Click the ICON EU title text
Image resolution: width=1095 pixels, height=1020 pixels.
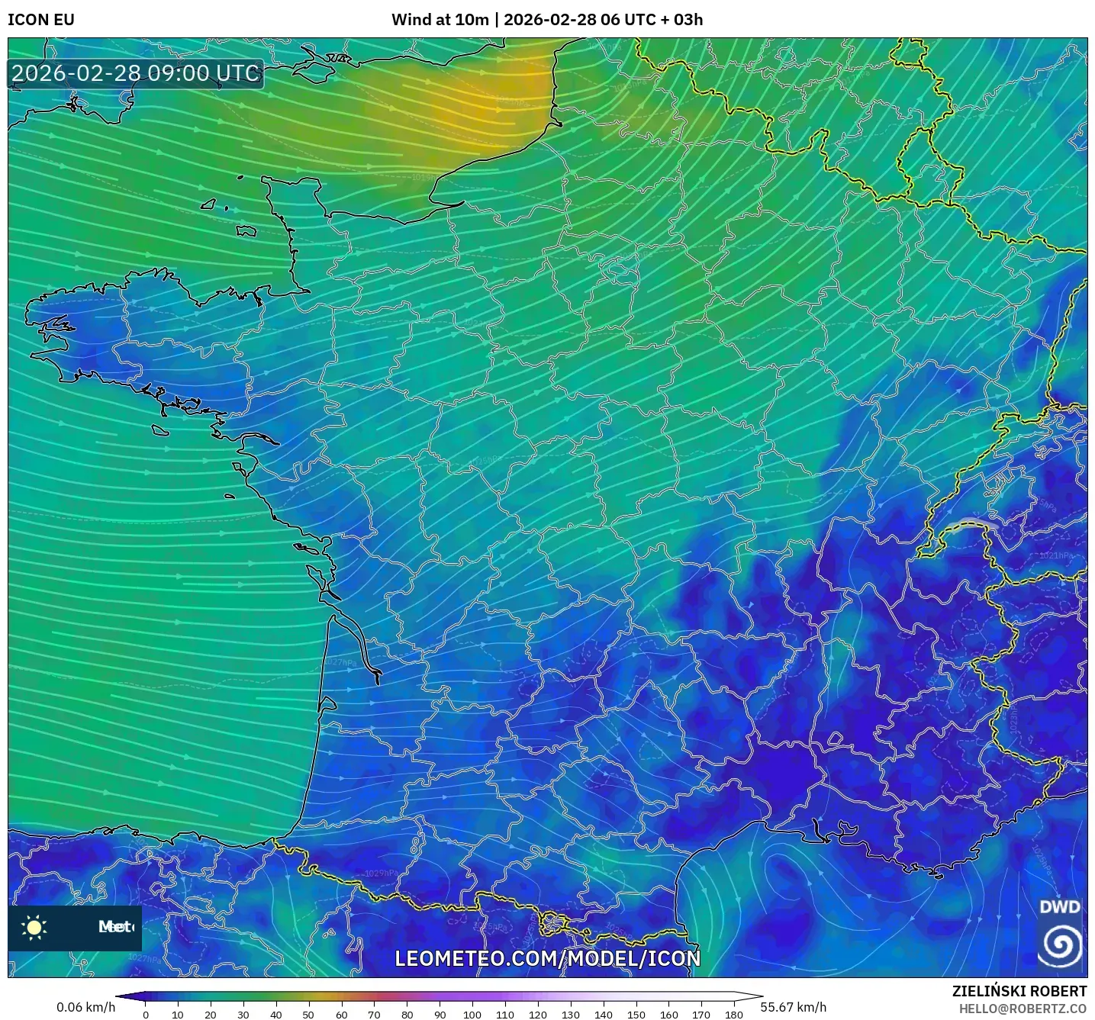pos(41,20)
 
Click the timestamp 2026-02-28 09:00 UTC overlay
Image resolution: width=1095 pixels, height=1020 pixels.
pos(136,73)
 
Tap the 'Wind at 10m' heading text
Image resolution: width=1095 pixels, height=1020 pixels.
pos(440,20)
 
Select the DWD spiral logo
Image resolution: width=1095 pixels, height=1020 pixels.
pos(1060,944)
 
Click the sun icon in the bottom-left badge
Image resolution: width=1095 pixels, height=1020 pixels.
pos(34,927)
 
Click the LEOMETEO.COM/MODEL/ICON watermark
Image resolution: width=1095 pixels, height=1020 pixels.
pos(547,958)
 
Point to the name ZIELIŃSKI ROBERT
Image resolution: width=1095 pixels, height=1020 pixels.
pos(1019,991)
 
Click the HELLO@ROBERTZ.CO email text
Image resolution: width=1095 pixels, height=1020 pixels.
pos(1022,1009)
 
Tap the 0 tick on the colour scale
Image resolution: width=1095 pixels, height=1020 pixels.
pos(146,1014)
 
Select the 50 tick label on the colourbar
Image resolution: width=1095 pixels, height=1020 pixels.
pos(308,1014)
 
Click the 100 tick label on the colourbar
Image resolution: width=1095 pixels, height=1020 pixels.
pos(472,1014)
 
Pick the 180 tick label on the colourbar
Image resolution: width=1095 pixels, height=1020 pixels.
pos(733,1014)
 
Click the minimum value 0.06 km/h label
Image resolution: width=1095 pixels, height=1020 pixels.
pos(85,1007)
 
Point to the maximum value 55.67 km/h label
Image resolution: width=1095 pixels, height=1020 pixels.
pos(793,1007)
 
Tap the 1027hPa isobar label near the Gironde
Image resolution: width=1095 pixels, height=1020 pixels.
pos(341,663)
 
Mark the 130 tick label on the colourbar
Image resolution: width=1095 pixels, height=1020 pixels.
pos(571,1014)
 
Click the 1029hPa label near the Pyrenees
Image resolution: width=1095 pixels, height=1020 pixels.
pos(381,874)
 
